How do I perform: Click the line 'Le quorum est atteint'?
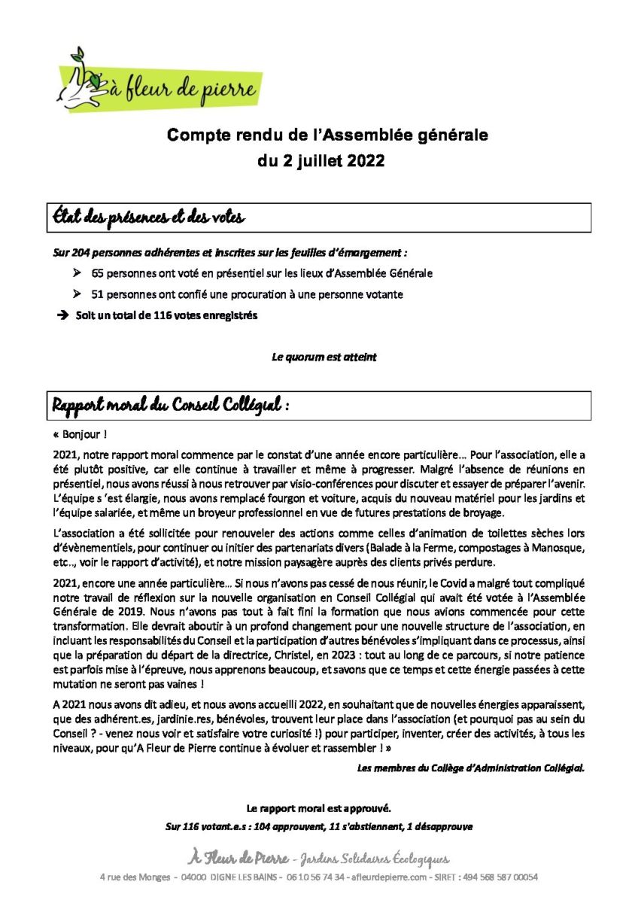(x=324, y=357)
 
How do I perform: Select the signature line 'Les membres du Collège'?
(x=469, y=768)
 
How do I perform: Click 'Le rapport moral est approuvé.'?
(x=319, y=809)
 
